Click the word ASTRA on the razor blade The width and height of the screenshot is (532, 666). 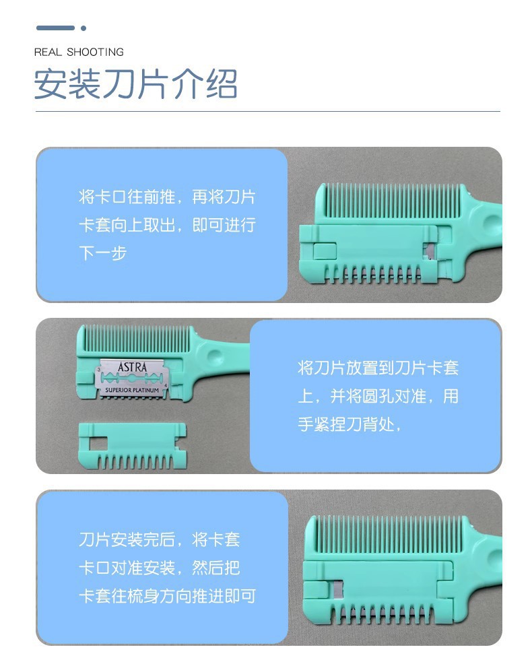(x=132, y=367)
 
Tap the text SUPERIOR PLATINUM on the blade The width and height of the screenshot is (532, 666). (x=132, y=390)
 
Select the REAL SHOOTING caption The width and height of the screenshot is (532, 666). (x=79, y=53)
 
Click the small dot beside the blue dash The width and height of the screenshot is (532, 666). (x=84, y=28)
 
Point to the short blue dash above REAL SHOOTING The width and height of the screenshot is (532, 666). (x=55, y=28)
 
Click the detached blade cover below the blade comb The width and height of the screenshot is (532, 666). (x=133, y=446)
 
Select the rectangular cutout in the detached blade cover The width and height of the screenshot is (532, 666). (x=98, y=444)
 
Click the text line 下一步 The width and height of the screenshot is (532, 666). (x=103, y=253)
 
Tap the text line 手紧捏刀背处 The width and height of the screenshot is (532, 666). (x=349, y=424)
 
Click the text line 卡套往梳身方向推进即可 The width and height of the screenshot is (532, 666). (x=168, y=596)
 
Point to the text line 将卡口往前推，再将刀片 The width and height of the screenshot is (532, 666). (x=167, y=197)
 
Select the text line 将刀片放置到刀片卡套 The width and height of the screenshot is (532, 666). (x=378, y=368)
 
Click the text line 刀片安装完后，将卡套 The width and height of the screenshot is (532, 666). (x=160, y=539)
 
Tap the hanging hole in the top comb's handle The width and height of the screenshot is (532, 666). (x=493, y=222)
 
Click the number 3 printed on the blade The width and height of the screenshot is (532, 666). (x=99, y=370)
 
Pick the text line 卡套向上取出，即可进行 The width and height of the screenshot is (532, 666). (x=167, y=225)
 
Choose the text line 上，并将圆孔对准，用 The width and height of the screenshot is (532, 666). (x=378, y=396)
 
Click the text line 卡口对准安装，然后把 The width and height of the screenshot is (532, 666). (x=160, y=568)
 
